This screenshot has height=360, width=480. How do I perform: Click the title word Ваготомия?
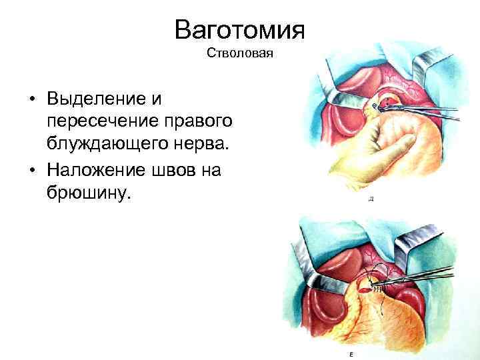239,29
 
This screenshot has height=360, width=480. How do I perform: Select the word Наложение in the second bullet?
97,170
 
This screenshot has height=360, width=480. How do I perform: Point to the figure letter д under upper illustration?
370,199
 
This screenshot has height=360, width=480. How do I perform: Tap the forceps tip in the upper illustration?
382,104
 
